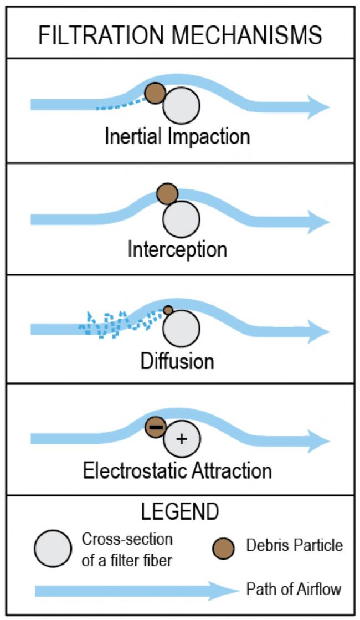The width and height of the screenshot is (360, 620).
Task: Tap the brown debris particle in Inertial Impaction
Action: [x=155, y=93]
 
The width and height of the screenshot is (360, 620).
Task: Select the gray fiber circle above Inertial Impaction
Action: [x=181, y=106]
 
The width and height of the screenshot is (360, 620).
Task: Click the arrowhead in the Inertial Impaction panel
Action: [x=317, y=106]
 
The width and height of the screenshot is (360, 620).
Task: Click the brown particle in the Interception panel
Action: [x=168, y=194]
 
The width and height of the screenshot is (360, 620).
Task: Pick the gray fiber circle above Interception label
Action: [x=181, y=219]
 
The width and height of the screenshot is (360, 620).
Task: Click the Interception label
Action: [x=177, y=249]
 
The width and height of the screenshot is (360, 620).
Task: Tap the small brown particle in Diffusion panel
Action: [x=168, y=310]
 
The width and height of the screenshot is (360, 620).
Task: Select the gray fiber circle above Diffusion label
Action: [x=181, y=329]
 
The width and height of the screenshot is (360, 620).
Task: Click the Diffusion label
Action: [x=177, y=361]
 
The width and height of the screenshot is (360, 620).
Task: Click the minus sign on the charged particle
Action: [x=156, y=427]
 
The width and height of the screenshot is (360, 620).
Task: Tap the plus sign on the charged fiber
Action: [x=181, y=439]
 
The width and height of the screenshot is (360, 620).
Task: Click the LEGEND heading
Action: [x=180, y=512]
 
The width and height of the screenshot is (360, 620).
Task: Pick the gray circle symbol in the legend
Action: [x=53, y=549]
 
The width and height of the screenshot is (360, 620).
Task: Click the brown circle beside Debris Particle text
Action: [x=224, y=549]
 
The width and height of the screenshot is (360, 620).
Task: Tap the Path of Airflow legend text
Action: [x=294, y=589]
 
